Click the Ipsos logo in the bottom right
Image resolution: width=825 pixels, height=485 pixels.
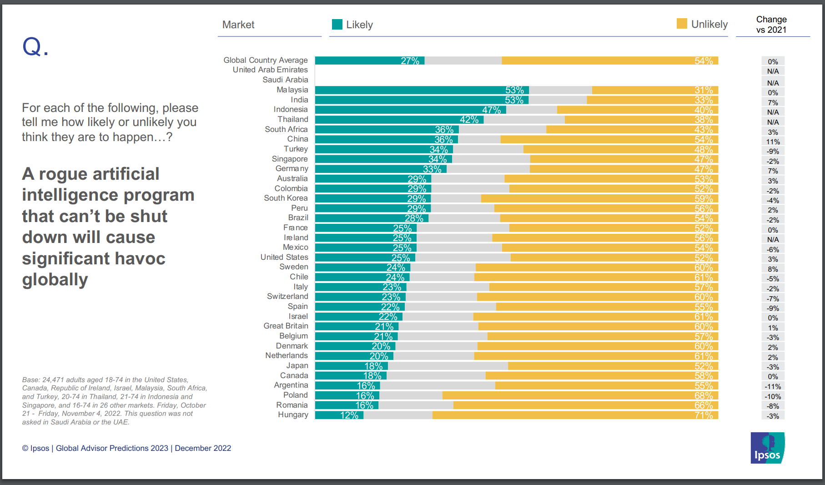(x=767, y=448)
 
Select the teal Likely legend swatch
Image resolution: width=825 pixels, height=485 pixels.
(x=337, y=25)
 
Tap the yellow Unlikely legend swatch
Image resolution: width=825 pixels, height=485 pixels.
(x=682, y=24)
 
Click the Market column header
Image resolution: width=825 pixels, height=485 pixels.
(x=238, y=25)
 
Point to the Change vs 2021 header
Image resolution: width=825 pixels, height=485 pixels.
(x=771, y=25)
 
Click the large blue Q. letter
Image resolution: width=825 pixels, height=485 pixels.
(x=35, y=47)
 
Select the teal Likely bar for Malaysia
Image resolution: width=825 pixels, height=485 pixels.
(x=409, y=90)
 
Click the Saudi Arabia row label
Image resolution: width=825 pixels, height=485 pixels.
(x=285, y=80)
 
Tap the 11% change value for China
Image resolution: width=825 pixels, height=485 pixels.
(x=773, y=142)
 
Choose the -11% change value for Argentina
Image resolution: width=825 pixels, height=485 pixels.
(x=773, y=387)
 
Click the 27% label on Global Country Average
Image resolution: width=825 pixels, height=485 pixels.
(x=410, y=61)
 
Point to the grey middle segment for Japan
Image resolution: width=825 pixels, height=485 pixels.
(x=448, y=366)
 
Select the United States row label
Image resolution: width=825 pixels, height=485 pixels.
(x=284, y=257)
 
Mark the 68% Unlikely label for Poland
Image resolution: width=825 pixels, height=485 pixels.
(x=704, y=395)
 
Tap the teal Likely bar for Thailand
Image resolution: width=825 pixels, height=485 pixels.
(x=387, y=120)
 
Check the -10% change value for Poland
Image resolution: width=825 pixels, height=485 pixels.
(x=773, y=397)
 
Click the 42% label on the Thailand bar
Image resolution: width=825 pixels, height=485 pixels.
(x=469, y=120)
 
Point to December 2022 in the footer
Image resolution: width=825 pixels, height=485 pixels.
(x=203, y=448)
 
